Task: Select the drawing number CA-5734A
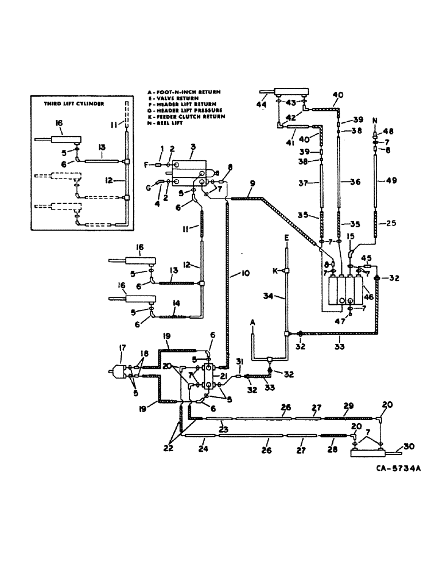397,468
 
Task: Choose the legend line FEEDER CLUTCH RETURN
190,117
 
